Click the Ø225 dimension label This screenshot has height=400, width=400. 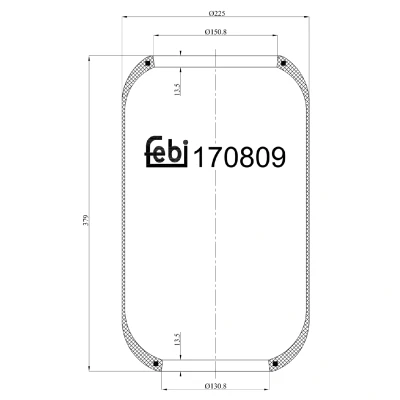(217, 13)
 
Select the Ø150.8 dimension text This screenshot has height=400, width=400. (216, 32)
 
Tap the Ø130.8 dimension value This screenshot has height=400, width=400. (216, 386)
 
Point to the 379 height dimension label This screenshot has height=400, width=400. (85, 220)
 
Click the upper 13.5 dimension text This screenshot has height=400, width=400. (177, 89)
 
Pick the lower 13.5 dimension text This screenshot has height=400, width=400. (177, 339)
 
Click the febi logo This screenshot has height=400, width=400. (167, 152)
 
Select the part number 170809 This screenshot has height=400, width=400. (239, 157)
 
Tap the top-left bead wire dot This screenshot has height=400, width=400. (148, 63)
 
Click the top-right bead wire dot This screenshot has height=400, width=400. (283, 63)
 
